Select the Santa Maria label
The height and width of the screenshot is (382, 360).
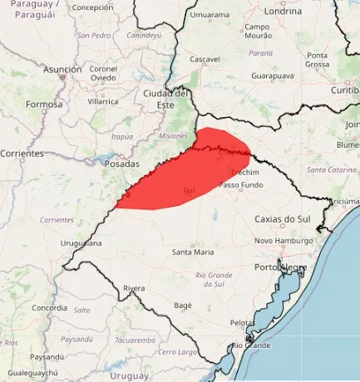coord(192,252)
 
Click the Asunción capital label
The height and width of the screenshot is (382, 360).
coord(62,70)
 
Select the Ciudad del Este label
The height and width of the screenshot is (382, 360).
coord(167,98)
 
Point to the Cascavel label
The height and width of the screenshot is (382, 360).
coord(205,59)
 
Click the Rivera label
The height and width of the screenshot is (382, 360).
coord(134,287)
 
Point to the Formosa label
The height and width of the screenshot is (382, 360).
coord(44,105)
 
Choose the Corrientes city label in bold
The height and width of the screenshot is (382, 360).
coord(22,154)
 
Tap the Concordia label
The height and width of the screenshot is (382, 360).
coord(48,307)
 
